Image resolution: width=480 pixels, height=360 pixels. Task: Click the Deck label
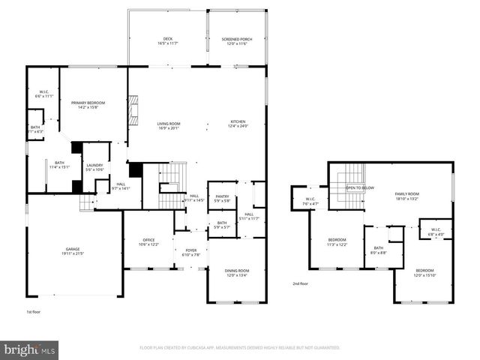pyautogui.click(x=168, y=41)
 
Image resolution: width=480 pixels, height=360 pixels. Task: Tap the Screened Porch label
pyautogui.click(x=235, y=41)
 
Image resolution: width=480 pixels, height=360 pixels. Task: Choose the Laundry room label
pyautogui.click(x=94, y=167)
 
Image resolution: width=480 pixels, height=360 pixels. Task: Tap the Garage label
pyautogui.click(x=72, y=251)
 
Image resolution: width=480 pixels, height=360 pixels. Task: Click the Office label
pyautogui.click(x=148, y=241)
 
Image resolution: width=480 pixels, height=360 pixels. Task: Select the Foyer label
pyautogui.click(x=191, y=253)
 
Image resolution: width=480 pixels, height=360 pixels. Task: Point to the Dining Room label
pyautogui.click(x=237, y=272)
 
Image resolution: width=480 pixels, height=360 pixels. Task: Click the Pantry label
pyautogui.click(x=222, y=199)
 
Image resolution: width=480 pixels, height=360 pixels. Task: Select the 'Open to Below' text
pyautogui.click(x=360, y=188)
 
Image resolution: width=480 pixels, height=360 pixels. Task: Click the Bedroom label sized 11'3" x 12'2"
pyautogui.click(x=336, y=242)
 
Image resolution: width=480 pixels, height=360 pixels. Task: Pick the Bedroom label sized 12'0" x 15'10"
pyautogui.click(x=424, y=272)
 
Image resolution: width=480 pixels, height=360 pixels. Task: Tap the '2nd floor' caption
pyautogui.click(x=301, y=283)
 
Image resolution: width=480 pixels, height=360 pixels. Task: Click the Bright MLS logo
pyautogui.click(x=30, y=349)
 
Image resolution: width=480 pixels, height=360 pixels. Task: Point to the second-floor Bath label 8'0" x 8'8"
pyautogui.click(x=379, y=250)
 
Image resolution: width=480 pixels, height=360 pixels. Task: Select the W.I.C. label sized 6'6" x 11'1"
pyautogui.click(x=43, y=94)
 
